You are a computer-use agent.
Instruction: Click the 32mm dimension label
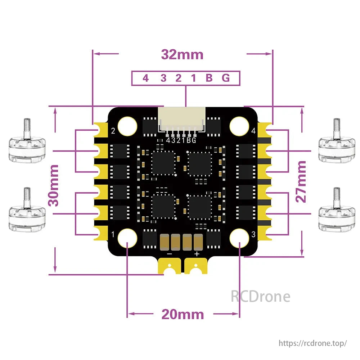coord(182,55)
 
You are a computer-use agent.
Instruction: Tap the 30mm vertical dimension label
coord(54,185)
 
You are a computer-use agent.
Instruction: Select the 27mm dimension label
coord(302,181)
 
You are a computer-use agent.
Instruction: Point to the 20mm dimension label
coord(183,314)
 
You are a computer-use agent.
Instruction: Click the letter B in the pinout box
coord(209,78)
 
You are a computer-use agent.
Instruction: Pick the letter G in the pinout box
coord(226,78)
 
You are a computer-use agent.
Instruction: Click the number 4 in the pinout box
coord(145,78)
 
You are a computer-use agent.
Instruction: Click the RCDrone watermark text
coord(260,296)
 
